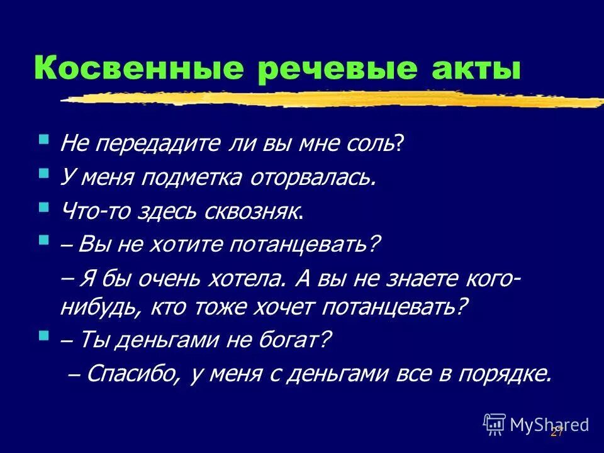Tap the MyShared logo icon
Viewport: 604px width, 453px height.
pos(495,424)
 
